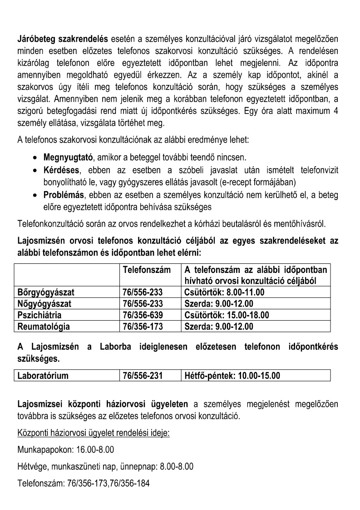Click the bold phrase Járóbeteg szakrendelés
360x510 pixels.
pos(62,38)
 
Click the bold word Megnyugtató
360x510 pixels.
pos(67,157)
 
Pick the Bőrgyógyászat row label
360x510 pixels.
pos(45,292)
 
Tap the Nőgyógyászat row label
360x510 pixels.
pos(44,304)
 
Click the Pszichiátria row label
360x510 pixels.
pos(39,315)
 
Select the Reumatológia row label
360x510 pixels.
pos(43,326)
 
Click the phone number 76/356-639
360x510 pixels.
pos(143,315)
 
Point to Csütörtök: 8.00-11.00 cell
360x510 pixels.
pos(224,292)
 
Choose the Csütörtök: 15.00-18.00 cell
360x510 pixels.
pos(227,315)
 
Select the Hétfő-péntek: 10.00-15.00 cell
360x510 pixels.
pos(232,376)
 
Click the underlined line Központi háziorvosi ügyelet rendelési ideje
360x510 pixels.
pos(93,433)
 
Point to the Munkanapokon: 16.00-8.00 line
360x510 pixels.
pos(65,450)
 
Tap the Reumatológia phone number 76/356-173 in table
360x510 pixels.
pos(143,326)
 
